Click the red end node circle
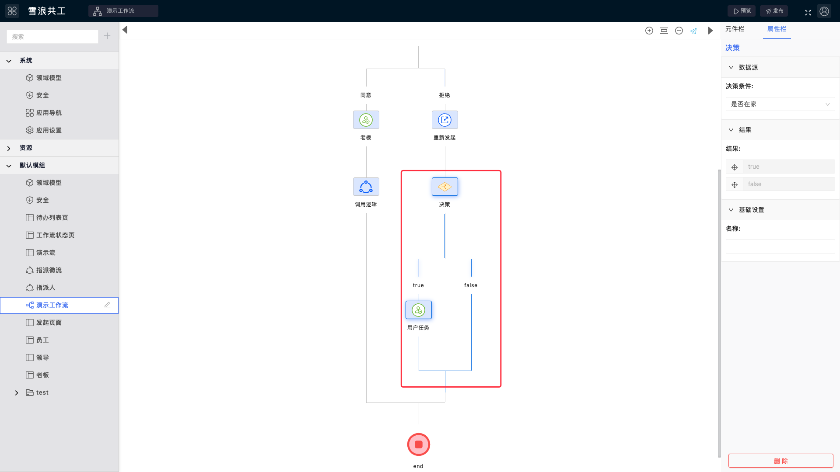pos(419,444)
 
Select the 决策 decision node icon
pos(445,187)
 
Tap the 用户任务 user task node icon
pos(419,310)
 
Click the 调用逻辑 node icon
pos(366,187)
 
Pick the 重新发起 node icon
pos(445,120)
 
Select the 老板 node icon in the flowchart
pos(366,120)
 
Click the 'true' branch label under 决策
pos(418,285)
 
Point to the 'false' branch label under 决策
pos(471,285)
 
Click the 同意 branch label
pos(366,95)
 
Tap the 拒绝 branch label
pos(444,95)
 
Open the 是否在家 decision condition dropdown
pos(780,104)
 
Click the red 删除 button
pos(780,461)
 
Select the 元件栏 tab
pos(735,29)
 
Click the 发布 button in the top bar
pos(774,11)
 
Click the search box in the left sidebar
pos(52,37)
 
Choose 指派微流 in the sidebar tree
pos(49,270)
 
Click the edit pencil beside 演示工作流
pos(107,305)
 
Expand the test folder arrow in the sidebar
pos(17,393)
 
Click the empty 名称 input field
pos(780,246)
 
